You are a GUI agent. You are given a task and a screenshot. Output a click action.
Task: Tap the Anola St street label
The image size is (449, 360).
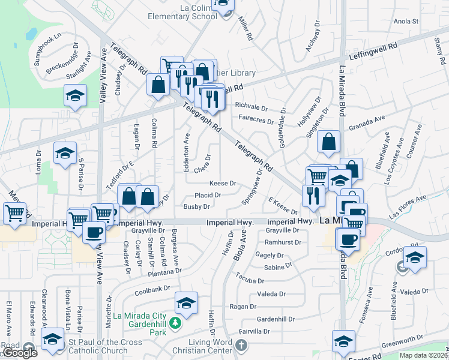406,22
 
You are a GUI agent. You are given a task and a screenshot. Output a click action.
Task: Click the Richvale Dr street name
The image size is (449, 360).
251,106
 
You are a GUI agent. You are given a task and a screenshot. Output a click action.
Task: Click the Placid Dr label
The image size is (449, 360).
208,195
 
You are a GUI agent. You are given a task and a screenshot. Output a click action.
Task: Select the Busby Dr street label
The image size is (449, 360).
196,206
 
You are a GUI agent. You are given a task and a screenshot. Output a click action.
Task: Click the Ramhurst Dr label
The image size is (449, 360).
282,242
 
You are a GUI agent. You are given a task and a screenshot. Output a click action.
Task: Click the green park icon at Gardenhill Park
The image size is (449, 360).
175,323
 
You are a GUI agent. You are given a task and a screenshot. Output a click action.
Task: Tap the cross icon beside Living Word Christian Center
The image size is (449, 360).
241,346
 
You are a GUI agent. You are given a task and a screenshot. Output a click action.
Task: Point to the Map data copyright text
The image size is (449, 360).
424,355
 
